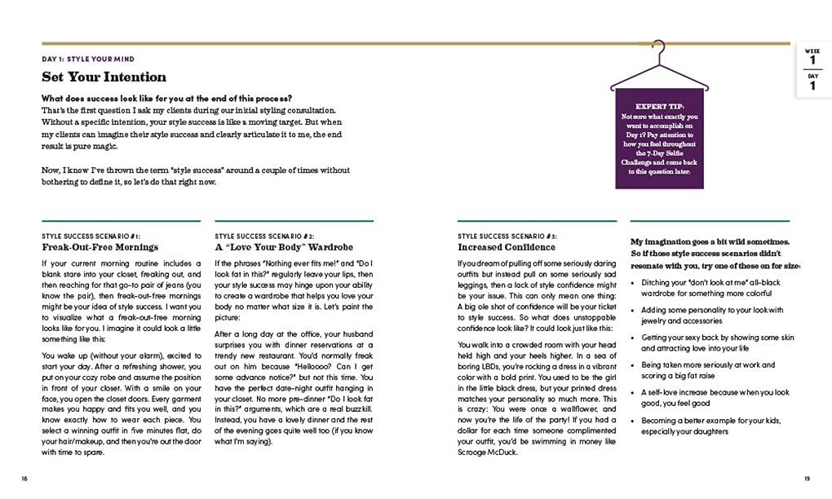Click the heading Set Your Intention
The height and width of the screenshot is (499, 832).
click(x=104, y=77)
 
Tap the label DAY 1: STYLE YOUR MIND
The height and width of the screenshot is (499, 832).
click(x=88, y=60)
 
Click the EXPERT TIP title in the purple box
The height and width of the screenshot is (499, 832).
click(x=660, y=107)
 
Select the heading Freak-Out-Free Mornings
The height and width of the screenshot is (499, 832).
click(x=100, y=247)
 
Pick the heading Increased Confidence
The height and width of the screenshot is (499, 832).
click(x=507, y=247)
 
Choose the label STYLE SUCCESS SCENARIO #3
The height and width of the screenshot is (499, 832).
click(x=507, y=236)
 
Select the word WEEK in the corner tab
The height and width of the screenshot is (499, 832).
click(x=812, y=50)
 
